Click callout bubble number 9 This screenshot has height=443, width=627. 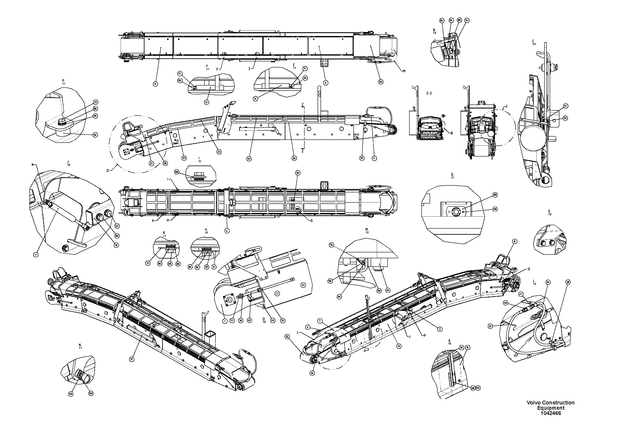click(x=155, y=84)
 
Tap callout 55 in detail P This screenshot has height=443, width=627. click(x=95, y=135)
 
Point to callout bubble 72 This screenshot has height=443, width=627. click(x=95, y=102)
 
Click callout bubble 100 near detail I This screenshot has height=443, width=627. click(x=177, y=172)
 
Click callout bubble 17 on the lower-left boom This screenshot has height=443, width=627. click(x=132, y=359)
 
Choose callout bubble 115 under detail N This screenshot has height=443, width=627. click(x=71, y=394)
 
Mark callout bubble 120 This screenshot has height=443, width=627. click(x=91, y=393)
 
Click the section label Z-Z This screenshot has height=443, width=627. click(x=429, y=93)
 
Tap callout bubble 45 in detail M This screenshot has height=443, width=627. click(x=388, y=290)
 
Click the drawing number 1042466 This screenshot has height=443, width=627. click(x=551, y=414)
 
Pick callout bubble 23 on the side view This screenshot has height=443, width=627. click(x=219, y=152)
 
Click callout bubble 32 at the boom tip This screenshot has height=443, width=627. click(x=287, y=337)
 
